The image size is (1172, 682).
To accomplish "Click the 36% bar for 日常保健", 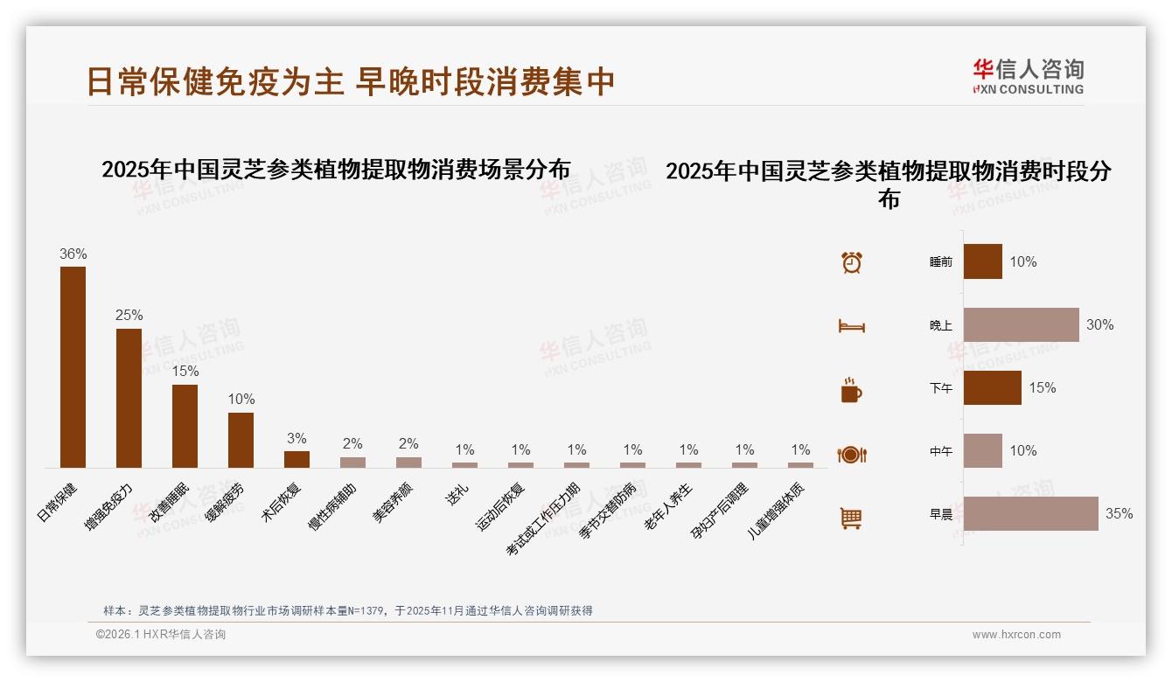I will (x=73, y=367).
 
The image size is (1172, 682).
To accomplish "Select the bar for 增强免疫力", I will (x=129, y=398).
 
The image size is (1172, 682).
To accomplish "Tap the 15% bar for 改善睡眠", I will (x=185, y=426).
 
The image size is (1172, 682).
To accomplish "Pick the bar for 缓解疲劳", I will (x=241, y=440).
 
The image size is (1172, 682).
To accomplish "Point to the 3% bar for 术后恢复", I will (x=296, y=459).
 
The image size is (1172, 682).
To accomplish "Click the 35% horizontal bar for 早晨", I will (x=1030, y=513).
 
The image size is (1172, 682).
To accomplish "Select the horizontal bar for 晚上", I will (x=1021, y=324).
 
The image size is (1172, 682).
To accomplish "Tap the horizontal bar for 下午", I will (x=992, y=387).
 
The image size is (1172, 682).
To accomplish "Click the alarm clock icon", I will (x=851, y=262).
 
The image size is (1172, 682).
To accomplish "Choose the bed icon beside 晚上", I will (x=851, y=326).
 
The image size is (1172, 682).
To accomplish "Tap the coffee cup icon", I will (x=851, y=390).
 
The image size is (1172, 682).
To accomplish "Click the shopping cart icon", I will (x=851, y=518).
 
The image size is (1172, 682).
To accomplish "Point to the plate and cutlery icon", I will (x=851, y=454).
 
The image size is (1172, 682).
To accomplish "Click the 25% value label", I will (x=129, y=315).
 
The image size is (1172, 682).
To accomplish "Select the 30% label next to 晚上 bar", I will (x=1099, y=324).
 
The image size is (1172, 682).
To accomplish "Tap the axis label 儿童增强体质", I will (x=777, y=511).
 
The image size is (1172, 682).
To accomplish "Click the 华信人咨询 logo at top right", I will (x=1028, y=76).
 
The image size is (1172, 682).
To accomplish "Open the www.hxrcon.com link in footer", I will (x=1016, y=635).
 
